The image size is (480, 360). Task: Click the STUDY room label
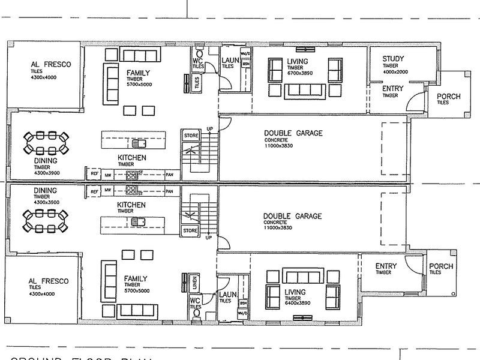[394, 58]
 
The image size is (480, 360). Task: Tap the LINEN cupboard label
[195, 280]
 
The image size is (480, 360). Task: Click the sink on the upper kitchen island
[140, 143]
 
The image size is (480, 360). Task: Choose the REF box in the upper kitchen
[94, 174]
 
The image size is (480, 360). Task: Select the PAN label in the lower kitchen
[169, 191]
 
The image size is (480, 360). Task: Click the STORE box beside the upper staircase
[191, 136]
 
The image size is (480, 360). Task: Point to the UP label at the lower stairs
[209, 238]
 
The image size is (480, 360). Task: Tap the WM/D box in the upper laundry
[244, 54]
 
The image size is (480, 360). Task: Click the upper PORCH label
[448, 97]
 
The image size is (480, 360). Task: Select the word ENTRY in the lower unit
[386, 266]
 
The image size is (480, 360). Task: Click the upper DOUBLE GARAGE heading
[293, 133]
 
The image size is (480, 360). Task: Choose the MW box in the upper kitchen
[108, 174]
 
